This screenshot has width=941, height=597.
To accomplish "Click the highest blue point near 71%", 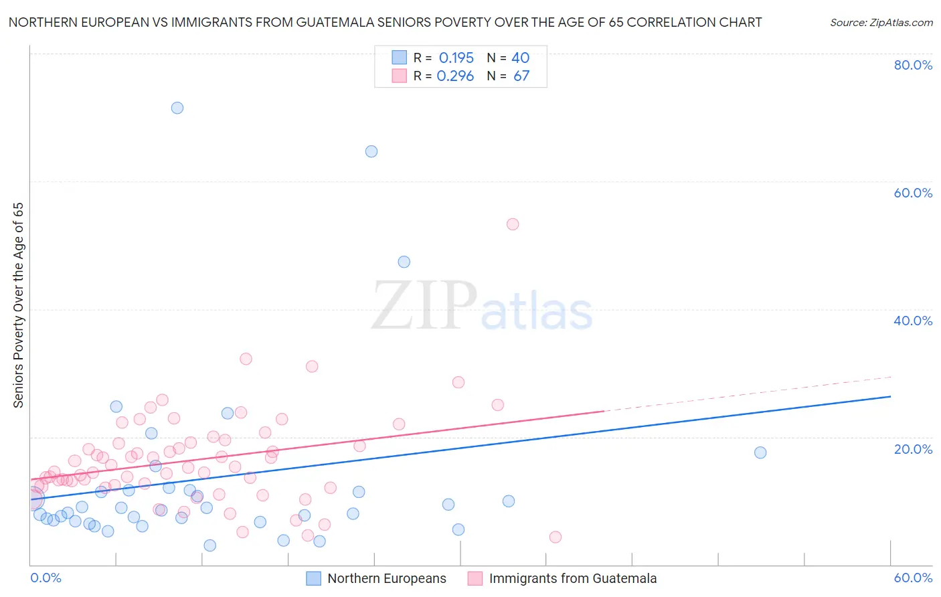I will coord(177,108).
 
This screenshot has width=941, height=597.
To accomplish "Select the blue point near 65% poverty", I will coord(371,151).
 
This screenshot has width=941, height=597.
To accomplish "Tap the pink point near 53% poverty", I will coord(513,224).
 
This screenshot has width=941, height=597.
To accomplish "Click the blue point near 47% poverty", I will coord(404,262).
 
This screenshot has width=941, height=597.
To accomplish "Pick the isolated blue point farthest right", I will coord(760,452).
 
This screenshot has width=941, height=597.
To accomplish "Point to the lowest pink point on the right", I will coord(555,537).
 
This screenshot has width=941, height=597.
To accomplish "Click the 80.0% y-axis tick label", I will coord(913,65).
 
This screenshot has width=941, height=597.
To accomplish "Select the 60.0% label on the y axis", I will coord(913,193).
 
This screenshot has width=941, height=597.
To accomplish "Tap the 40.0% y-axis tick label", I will coord(913,321).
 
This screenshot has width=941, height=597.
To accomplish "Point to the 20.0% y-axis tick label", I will coord(913,449).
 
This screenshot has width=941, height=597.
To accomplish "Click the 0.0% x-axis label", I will coord(46,578).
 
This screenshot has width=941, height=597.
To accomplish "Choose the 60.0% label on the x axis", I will coord(913,578).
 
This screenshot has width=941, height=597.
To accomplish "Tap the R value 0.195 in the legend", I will coord(456,58).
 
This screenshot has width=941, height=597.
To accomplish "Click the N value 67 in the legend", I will coord(521,76).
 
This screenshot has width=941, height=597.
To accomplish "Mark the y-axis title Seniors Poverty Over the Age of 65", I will coord(19,305).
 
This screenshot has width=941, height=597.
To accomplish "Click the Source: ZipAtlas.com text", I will coord(881,23).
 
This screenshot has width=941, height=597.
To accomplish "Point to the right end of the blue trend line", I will coord(890,397).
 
